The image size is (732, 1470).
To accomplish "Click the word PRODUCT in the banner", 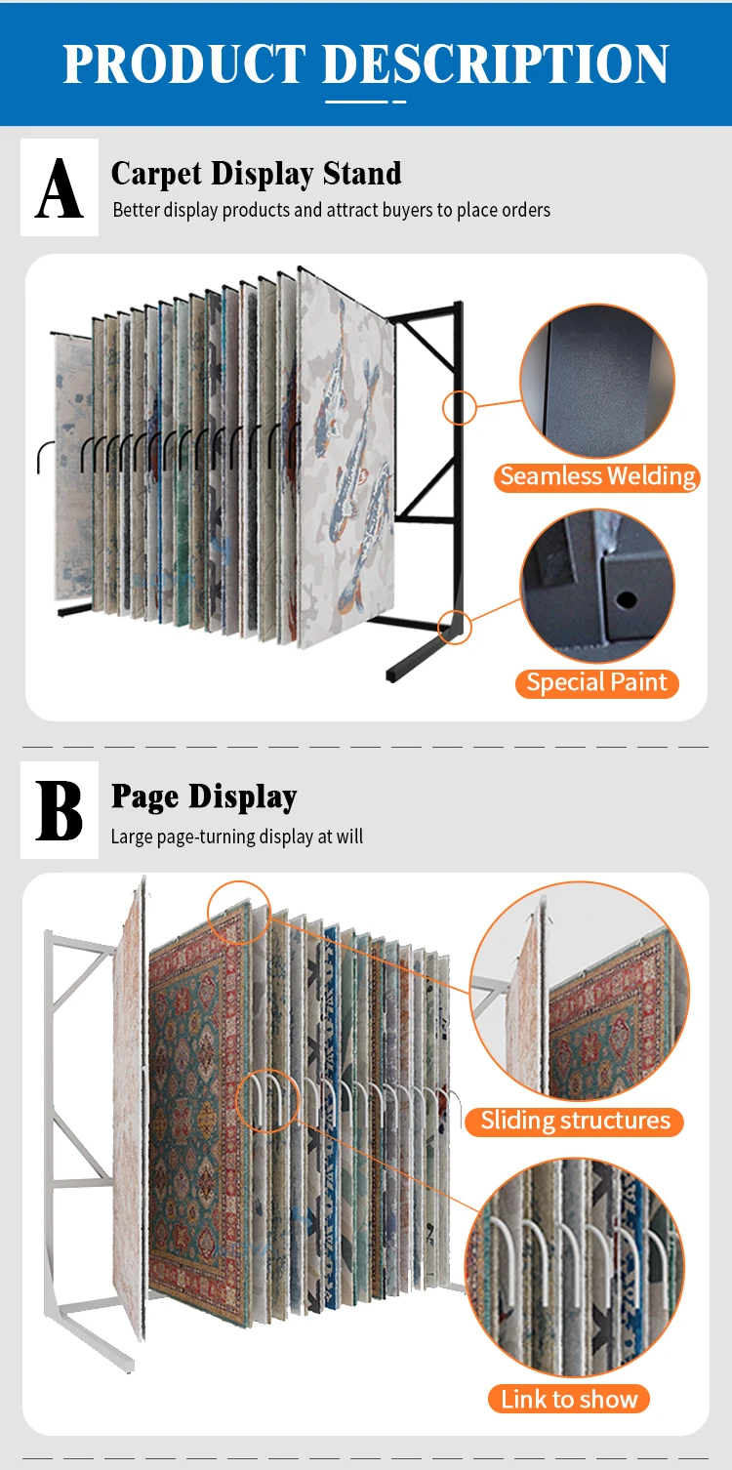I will [185, 64].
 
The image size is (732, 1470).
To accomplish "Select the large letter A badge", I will [60, 187].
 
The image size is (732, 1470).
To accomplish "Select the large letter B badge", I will [60, 810].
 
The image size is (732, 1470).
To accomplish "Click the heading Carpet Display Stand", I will [256, 174].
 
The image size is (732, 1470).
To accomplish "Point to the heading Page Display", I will [203, 796].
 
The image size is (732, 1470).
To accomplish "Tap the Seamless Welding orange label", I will [597, 476].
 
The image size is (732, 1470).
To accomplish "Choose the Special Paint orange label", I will [596, 682].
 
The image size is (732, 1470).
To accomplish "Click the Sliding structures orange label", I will [575, 1121].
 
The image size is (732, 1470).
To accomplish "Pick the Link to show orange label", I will [569, 1399].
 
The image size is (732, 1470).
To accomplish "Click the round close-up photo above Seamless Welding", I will [597, 381].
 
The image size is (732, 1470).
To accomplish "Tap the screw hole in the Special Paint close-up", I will [626, 597].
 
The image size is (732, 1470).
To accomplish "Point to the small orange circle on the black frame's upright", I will [459, 407].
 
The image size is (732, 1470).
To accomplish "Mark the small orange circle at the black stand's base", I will [455, 627].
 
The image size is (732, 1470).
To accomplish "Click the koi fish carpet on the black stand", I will [346, 459].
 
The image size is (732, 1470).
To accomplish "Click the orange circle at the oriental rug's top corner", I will [238, 912].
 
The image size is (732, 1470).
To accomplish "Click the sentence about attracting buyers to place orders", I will [331, 210].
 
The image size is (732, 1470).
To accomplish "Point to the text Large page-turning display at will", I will [236, 837].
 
